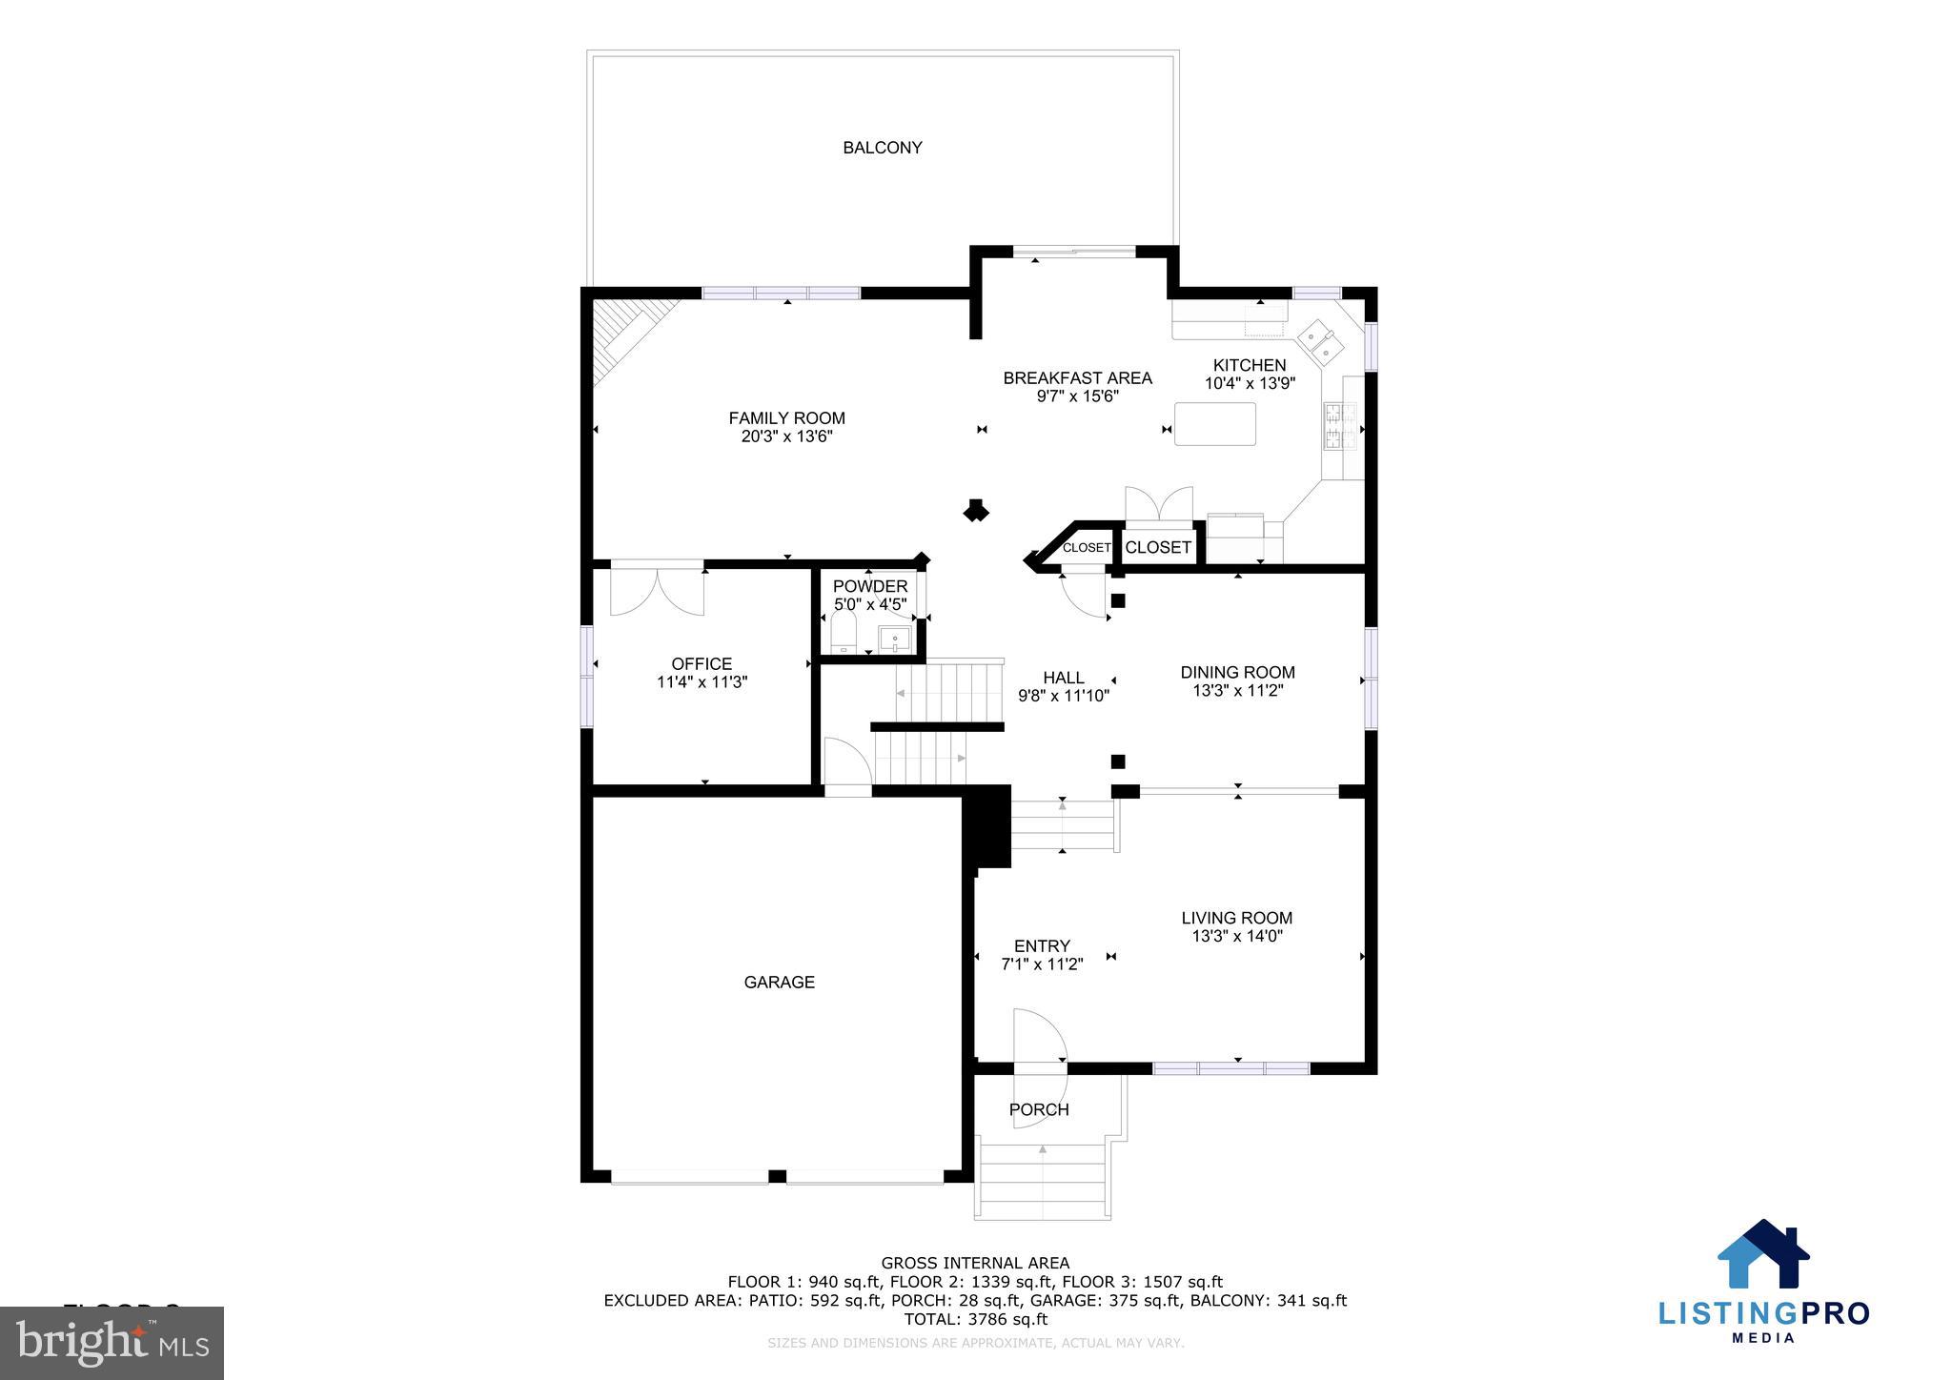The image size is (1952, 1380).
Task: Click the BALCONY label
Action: [x=882, y=148]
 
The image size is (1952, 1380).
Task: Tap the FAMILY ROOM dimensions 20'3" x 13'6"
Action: [x=786, y=436]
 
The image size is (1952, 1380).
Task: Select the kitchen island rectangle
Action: [x=1214, y=424]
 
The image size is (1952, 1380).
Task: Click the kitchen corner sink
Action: [x=1320, y=343]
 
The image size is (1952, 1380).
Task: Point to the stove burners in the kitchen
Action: [x=1332, y=426]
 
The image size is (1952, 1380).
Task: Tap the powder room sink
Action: [x=894, y=637]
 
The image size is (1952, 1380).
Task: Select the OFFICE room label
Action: [x=701, y=664]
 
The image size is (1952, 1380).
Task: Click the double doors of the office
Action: [x=657, y=589]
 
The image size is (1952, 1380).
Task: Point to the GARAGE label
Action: [x=779, y=983]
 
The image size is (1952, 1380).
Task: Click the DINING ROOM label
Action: [x=1237, y=672]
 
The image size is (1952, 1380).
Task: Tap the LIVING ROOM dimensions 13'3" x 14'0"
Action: [x=1237, y=936]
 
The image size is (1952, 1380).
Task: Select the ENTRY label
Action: [x=1042, y=946]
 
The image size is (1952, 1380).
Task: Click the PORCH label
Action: [x=1039, y=1109]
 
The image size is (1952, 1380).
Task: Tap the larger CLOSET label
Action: [x=1158, y=547]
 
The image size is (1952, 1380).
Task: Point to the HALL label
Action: [x=1063, y=678]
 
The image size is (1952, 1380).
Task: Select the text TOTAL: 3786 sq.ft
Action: [x=975, y=1319]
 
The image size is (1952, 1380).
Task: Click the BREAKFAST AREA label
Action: [x=1077, y=378]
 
